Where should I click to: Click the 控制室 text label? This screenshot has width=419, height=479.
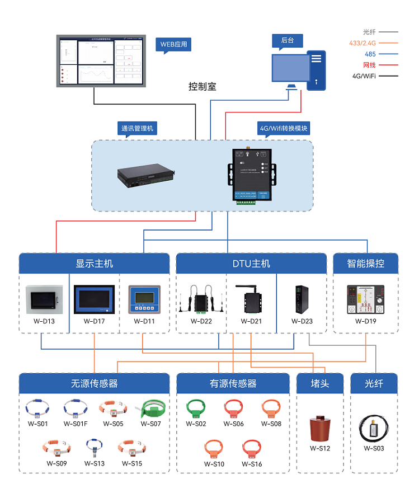tap(202, 87)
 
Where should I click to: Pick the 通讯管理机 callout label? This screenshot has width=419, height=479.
tap(138, 128)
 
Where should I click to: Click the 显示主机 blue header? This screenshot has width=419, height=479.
tap(94, 263)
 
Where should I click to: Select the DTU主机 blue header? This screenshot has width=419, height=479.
tap(251, 263)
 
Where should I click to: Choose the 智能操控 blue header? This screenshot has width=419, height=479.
tap(366, 263)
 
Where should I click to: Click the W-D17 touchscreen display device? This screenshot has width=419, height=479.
tap(94, 300)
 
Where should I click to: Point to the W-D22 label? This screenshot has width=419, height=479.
tap(201, 322)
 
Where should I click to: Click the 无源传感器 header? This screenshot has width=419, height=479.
tap(94, 383)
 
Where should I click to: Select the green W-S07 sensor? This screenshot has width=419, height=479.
tap(151, 408)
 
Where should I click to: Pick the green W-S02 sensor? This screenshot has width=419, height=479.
tap(196, 408)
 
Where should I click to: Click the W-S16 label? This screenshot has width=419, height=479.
tap(252, 464)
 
